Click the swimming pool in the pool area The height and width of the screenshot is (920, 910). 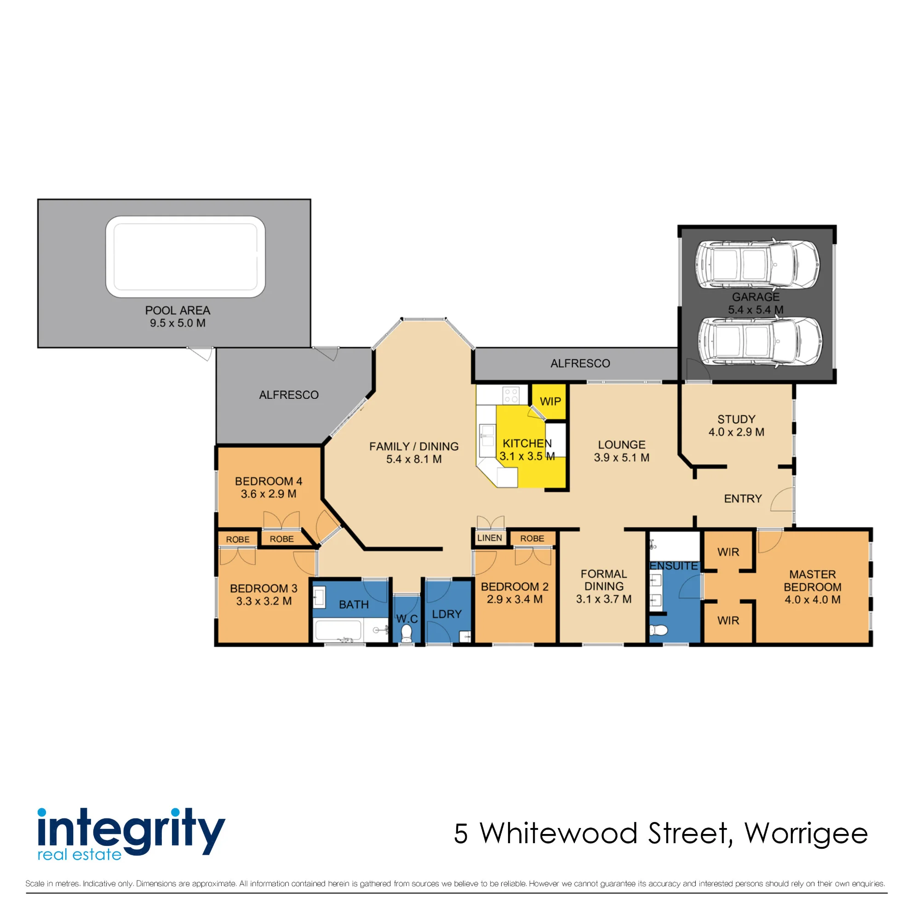[185, 257]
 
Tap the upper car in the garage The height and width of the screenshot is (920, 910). [757, 264]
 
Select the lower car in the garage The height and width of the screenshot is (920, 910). [760, 341]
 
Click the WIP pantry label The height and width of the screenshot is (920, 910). [550, 402]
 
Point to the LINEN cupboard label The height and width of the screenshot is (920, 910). [489, 538]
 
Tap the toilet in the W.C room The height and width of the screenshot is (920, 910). [406, 634]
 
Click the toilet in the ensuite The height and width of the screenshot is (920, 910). [658, 631]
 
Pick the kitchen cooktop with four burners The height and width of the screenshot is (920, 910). [511, 395]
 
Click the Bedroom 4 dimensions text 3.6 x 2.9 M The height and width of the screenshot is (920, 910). [269, 494]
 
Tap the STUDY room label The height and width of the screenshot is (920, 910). [736, 419]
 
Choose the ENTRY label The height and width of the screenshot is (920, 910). [743, 499]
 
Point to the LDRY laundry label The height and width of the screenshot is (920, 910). [446, 614]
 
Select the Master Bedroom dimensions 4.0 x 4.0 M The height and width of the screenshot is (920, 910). [813, 599]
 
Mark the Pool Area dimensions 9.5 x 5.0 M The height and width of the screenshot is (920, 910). [177, 323]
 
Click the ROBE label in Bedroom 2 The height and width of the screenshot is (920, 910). [532, 538]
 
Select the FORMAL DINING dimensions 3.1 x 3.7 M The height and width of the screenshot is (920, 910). [603, 599]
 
